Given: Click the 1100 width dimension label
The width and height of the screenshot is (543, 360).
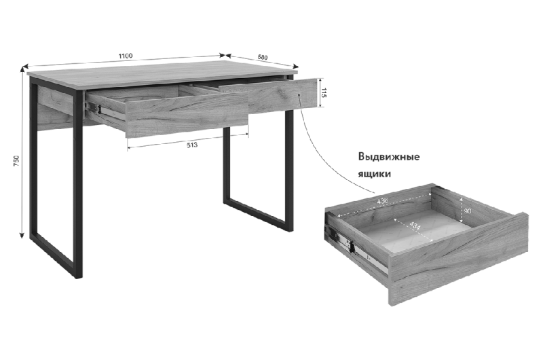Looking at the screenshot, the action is pyautogui.click(x=126, y=56).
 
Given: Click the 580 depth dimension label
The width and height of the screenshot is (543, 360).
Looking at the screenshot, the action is pyautogui.click(x=263, y=57).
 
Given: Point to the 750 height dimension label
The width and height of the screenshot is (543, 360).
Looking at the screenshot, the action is pyautogui.click(x=16, y=161).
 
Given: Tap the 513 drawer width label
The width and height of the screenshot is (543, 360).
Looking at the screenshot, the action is pyautogui.click(x=192, y=145).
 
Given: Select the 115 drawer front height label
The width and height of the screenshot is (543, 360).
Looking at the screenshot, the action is pyautogui.click(x=324, y=92).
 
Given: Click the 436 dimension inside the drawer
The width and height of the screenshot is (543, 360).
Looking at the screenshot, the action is pyautogui.click(x=382, y=200).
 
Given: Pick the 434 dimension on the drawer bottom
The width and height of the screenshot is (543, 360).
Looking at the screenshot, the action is pyautogui.click(x=415, y=226).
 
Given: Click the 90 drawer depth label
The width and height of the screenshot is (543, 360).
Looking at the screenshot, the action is pyautogui.click(x=467, y=211).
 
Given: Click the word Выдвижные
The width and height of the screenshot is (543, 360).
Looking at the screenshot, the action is pyautogui.click(x=389, y=157).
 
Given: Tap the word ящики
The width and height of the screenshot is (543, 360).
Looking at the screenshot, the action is pyautogui.click(x=375, y=174).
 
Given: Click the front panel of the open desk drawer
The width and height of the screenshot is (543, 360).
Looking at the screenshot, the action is pyautogui.click(x=187, y=113).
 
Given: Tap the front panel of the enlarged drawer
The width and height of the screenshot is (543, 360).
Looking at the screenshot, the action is pyautogui.click(x=459, y=259).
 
